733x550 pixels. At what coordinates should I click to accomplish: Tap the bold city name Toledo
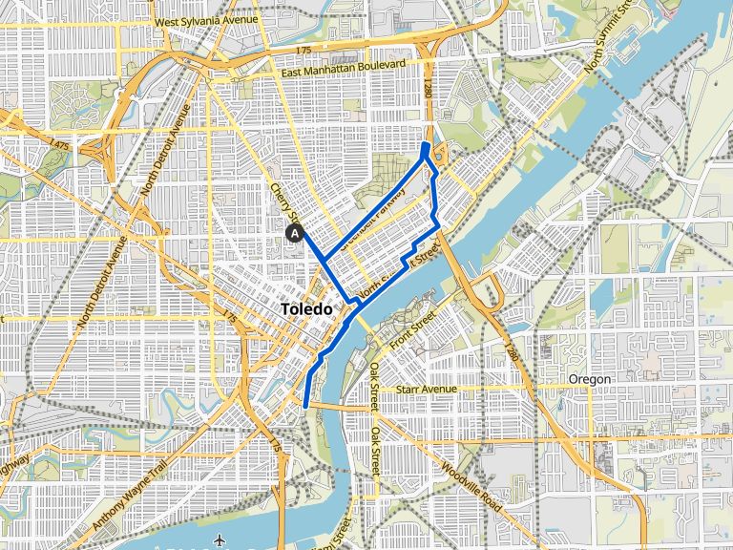click(307, 310)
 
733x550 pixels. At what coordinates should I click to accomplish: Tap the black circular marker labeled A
click(295, 232)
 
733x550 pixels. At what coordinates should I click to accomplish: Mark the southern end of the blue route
click(305, 406)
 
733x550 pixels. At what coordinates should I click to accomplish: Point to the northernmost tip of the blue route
click(425, 144)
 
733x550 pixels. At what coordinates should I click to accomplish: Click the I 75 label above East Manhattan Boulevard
click(304, 50)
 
